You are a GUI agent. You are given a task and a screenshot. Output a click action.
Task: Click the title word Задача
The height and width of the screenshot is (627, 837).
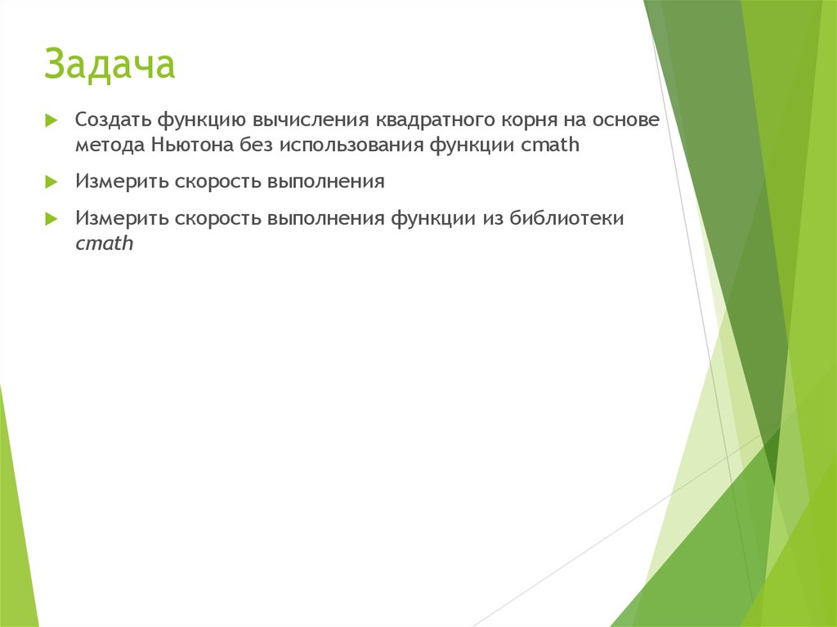pos(110,65)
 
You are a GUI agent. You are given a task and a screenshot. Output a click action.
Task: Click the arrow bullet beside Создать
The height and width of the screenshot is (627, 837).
pos(51,120)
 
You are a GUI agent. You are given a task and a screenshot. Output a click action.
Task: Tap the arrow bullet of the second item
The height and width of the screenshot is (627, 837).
pos(51,181)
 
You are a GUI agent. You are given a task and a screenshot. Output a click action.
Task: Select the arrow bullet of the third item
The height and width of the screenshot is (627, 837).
pos(51,218)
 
